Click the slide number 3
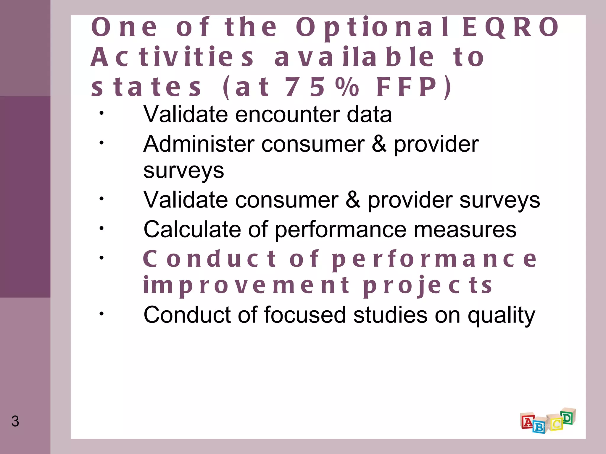tap(15, 421)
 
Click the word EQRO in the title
tap(510, 27)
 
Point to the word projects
tap(428, 286)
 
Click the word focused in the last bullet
tap(304, 314)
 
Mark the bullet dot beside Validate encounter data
tap(101, 113)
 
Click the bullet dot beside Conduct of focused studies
tap(101, 314)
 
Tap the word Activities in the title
tap(172, 57)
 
